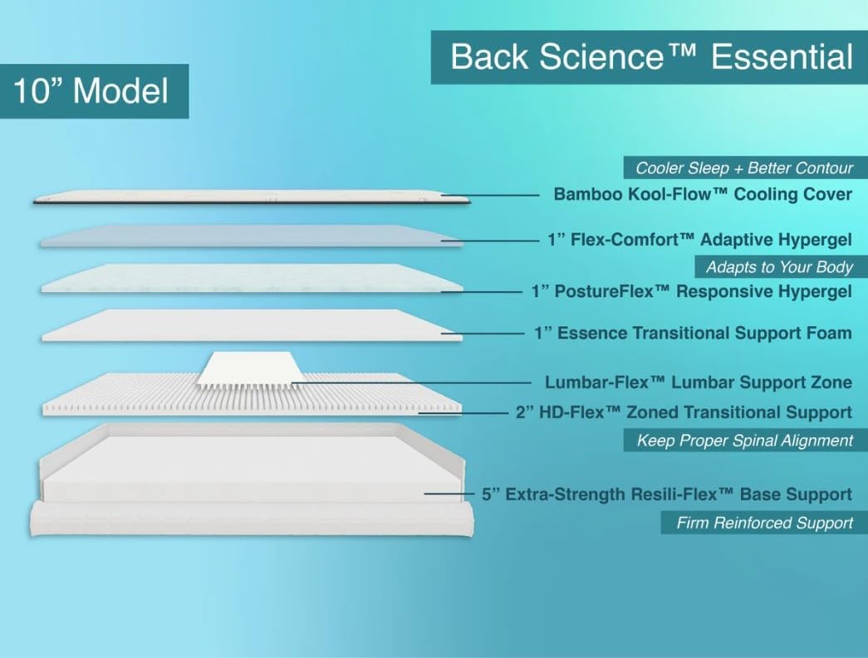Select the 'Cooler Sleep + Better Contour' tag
(744, 168)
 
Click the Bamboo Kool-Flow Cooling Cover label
(703, 195)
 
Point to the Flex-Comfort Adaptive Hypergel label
(699, 240)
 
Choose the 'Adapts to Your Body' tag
(779, 267)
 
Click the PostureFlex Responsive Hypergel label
(691, 292)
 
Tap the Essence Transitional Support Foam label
(693, 334)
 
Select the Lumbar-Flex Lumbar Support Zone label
(698, 383)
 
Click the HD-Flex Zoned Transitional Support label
(684, 412)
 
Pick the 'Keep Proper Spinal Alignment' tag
(744, 441)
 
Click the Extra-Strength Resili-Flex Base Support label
(667, 495)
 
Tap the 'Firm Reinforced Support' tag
(764, 523)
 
